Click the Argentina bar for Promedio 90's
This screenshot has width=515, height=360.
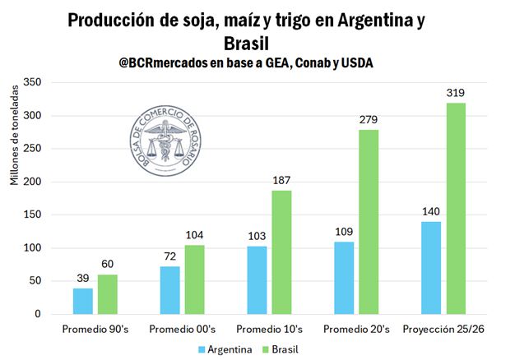coord(83,301)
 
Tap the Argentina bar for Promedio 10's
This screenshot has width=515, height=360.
coord(257,280)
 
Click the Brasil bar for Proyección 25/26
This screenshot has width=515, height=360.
coord(457,209)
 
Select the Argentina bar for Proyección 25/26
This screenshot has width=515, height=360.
coord(431,268)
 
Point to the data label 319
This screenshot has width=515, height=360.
coord(457,93)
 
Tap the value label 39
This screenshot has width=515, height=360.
coord(83,279)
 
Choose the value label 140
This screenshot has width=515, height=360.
coord(431,212)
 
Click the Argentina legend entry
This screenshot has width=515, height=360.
coord(225,349)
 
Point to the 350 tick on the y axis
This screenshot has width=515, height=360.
coord(32,82)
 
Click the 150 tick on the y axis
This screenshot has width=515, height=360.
coord(32,215)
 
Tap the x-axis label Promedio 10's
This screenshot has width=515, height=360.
coord(270,330)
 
